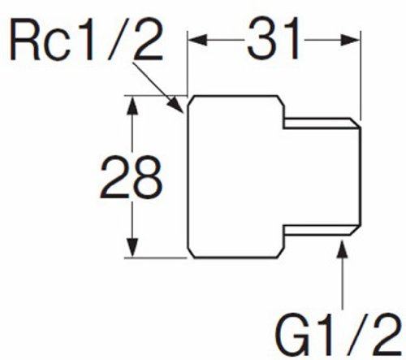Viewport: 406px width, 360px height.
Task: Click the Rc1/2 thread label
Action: point(87,40)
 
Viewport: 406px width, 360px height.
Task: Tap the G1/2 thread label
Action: point(338,335)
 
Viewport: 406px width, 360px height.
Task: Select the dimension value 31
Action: point(274,39)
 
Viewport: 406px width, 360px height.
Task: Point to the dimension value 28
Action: point(132,177)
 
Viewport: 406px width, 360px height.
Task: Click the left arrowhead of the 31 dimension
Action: point(197,40)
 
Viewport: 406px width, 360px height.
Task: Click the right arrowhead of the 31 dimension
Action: point(350,40)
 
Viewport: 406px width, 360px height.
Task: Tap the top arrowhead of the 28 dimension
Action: point(132,106)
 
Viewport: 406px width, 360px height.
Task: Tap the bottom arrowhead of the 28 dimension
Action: point(132,248)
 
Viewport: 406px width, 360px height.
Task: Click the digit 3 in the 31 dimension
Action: point(261,39)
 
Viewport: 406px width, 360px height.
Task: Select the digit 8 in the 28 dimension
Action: point(147,177)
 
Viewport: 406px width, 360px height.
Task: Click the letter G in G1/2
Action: point(292,335)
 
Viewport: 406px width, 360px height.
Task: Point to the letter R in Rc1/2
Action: point(25,41)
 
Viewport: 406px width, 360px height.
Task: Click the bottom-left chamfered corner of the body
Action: point(192,253)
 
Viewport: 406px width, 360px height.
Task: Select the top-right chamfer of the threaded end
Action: point(355,123)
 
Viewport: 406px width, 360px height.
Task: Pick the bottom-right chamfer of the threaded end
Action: point(355,230)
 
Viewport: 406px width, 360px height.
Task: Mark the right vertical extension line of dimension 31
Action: point(361,75)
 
